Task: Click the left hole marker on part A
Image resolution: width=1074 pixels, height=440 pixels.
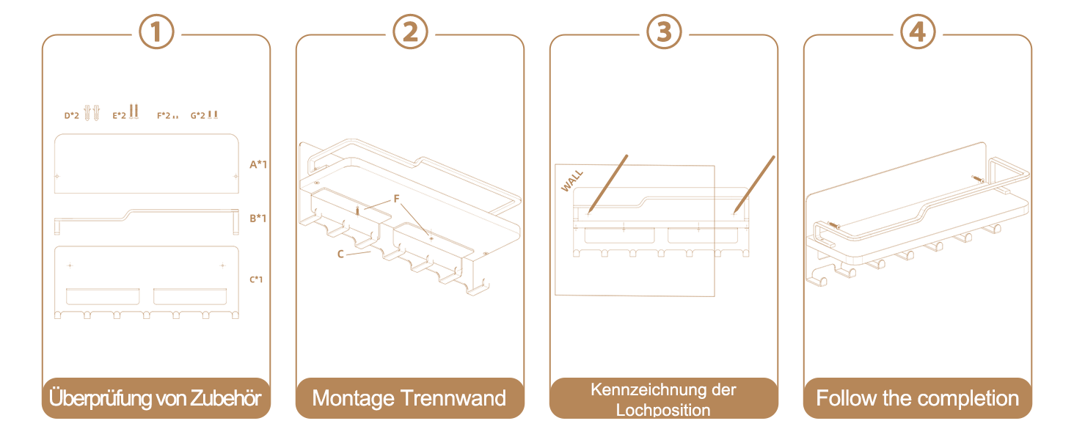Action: coord(57,177)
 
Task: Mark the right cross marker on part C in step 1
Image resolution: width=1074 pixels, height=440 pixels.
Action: coord(222,265)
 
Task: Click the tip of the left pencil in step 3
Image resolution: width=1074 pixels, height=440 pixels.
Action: coord(589,213)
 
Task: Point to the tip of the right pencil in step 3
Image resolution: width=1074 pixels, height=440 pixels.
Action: coord(734,213)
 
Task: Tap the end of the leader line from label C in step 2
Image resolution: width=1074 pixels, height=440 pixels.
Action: coord(370,252)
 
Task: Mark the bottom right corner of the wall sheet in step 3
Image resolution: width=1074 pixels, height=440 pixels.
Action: coord(715,296)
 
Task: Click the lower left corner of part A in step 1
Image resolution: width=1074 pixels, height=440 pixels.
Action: coord(55,193)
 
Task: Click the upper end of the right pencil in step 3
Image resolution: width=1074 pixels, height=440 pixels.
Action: coord(774,156)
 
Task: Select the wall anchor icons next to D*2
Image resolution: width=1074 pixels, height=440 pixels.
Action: coord(92,113)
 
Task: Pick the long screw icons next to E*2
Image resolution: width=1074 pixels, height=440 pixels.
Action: coord(134,111)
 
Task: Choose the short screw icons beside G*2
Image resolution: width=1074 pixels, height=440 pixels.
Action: coord(213,114)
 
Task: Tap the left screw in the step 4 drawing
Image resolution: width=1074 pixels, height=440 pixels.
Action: coord(833,225)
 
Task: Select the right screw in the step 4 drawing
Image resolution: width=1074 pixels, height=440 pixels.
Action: coord(978,180)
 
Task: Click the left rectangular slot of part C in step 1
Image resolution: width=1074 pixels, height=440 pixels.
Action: coord(103,296)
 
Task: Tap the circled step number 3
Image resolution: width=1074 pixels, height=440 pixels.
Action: coord(664,32)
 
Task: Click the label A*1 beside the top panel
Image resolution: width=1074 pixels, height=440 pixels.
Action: coord(258,164)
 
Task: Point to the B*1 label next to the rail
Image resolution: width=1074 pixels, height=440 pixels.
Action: coord(257,218)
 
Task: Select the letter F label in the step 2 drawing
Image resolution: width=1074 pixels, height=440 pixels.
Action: coord(397,199)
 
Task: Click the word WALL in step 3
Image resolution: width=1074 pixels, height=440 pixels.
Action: coord(572,180)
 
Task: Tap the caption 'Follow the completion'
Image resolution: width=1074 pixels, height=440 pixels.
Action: coord(918,398)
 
